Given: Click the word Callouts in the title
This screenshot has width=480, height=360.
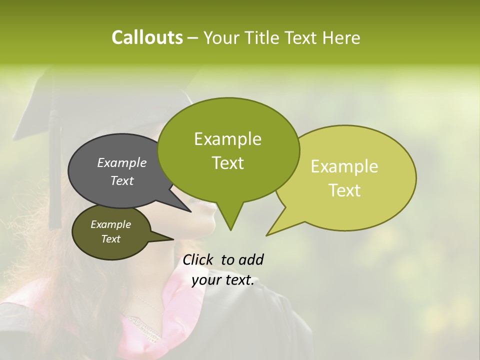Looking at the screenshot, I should tap(147, 37).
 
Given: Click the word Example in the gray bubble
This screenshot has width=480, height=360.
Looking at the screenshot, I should tap(121, 162).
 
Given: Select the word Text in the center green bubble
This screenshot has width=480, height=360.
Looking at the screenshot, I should tap(227, 163).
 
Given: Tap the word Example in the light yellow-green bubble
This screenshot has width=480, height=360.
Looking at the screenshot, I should tap(344, 166).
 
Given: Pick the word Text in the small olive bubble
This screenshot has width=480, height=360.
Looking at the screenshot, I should tap(110, 239).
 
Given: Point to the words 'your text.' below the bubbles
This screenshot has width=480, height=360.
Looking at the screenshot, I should tap(222, 280).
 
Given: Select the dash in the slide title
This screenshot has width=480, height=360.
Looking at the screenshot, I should tap(193, 37).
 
